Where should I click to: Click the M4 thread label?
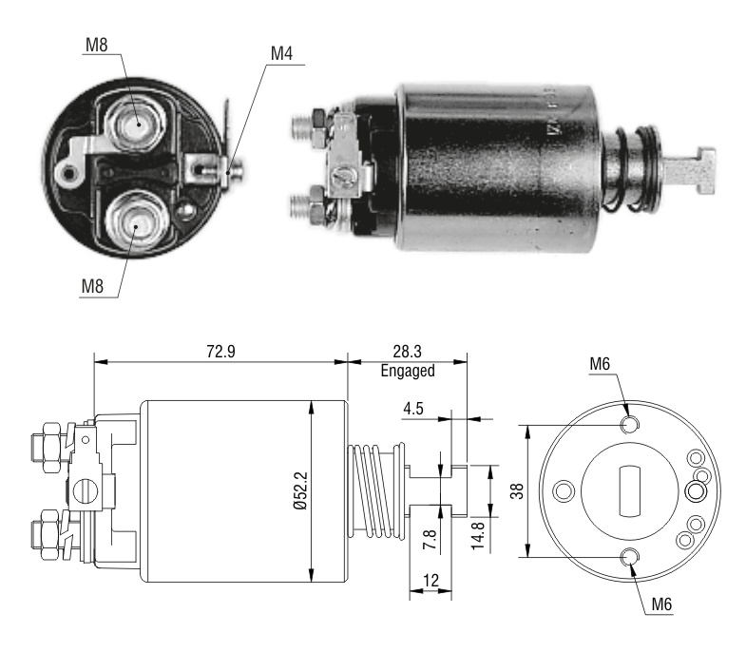[x=281, y=53]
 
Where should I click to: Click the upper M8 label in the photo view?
[x=97, y=45]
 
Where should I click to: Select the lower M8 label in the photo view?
[x=92, y=286]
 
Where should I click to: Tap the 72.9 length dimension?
[x=220, y=352]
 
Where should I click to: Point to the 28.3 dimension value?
[x=408, y=352]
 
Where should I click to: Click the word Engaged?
[x=408, y=371]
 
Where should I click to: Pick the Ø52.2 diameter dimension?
[x=301, y=490]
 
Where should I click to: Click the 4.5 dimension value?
[x=413, y=409]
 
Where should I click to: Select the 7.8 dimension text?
[x=430, y=539]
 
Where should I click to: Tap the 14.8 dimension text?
[x=478, y=536]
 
